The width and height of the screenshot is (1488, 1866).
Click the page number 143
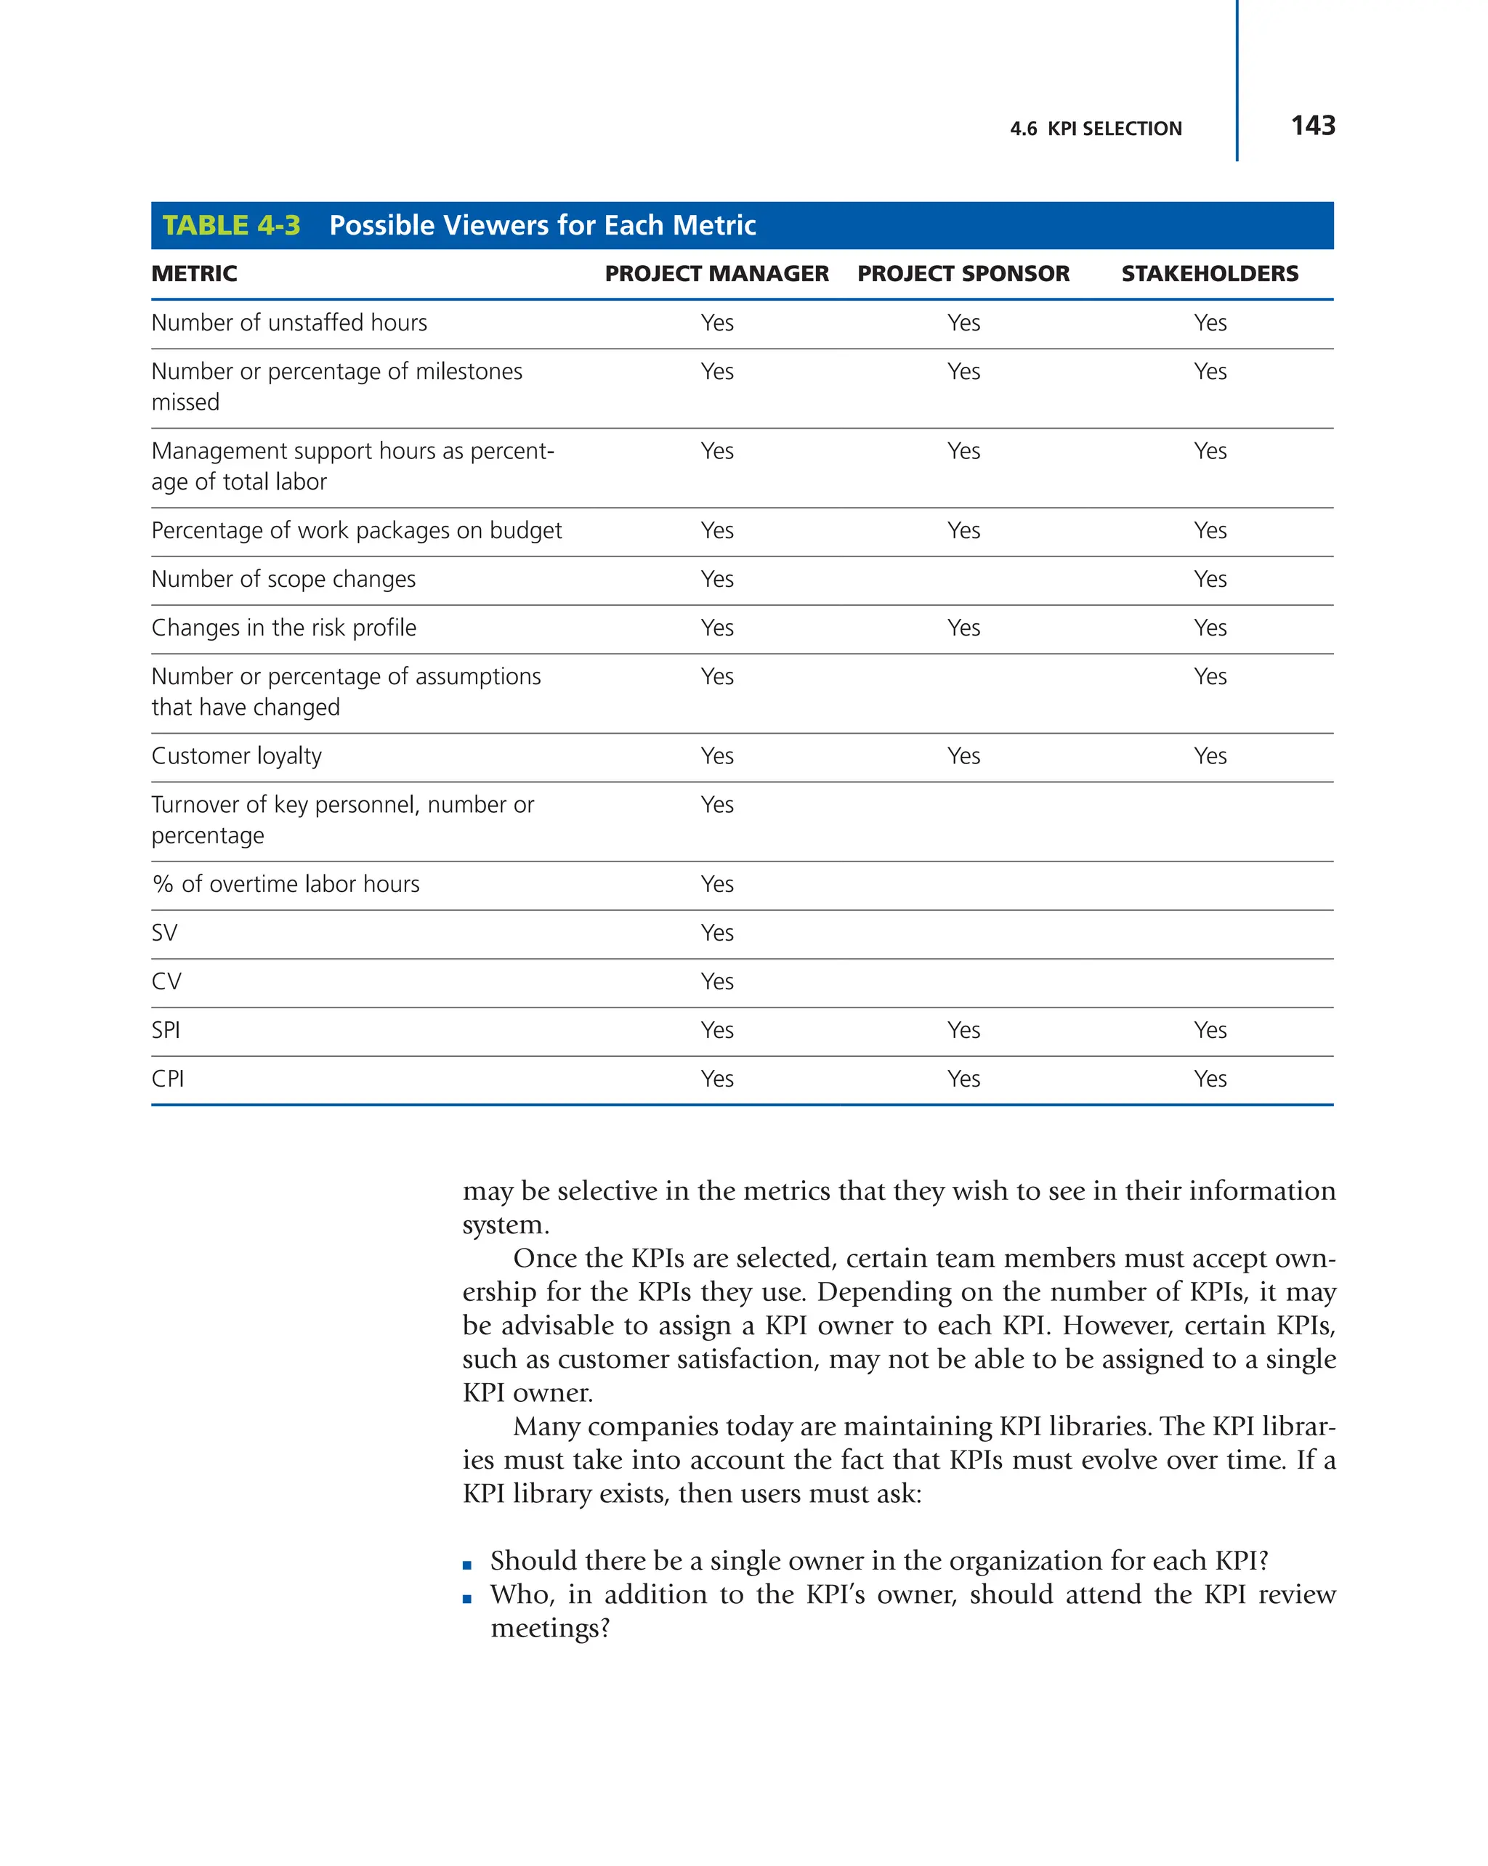coord(1311,126)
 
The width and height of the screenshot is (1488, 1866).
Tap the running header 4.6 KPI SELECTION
coord(1094,129)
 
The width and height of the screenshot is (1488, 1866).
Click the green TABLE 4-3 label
coord(231,225)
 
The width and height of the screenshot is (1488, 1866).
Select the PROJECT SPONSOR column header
coord(963,274)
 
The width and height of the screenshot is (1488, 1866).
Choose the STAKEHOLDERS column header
coord(1209,274)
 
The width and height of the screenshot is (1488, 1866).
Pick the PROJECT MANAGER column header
coord(716,274)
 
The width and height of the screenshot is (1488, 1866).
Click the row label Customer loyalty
coord(236,755)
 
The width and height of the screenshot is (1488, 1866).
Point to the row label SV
coord(164,933)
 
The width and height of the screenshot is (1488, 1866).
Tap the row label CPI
coord(168,1079)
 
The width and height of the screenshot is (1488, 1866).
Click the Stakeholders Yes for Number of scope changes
coord(1209,579)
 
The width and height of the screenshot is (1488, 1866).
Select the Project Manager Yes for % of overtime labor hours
coord(716,884)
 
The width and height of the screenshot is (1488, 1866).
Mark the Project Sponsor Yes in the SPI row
coord(963,1030)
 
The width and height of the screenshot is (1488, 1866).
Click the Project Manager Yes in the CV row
coord(716,981)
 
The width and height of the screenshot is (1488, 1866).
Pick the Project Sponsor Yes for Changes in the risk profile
coord(963,628)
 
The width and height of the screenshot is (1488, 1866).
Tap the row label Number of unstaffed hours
coord(289,323)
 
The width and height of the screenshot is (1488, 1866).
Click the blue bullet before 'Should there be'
coord(467,1565)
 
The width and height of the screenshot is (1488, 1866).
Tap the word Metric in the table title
coord(714,225)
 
